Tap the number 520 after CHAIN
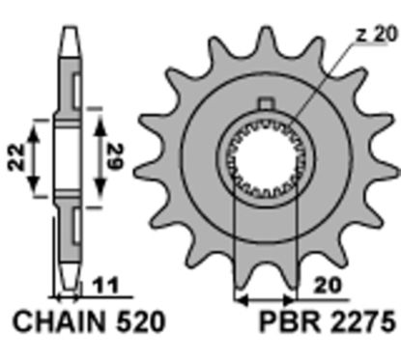tap(124, 318)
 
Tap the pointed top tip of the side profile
tap(71, 24)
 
